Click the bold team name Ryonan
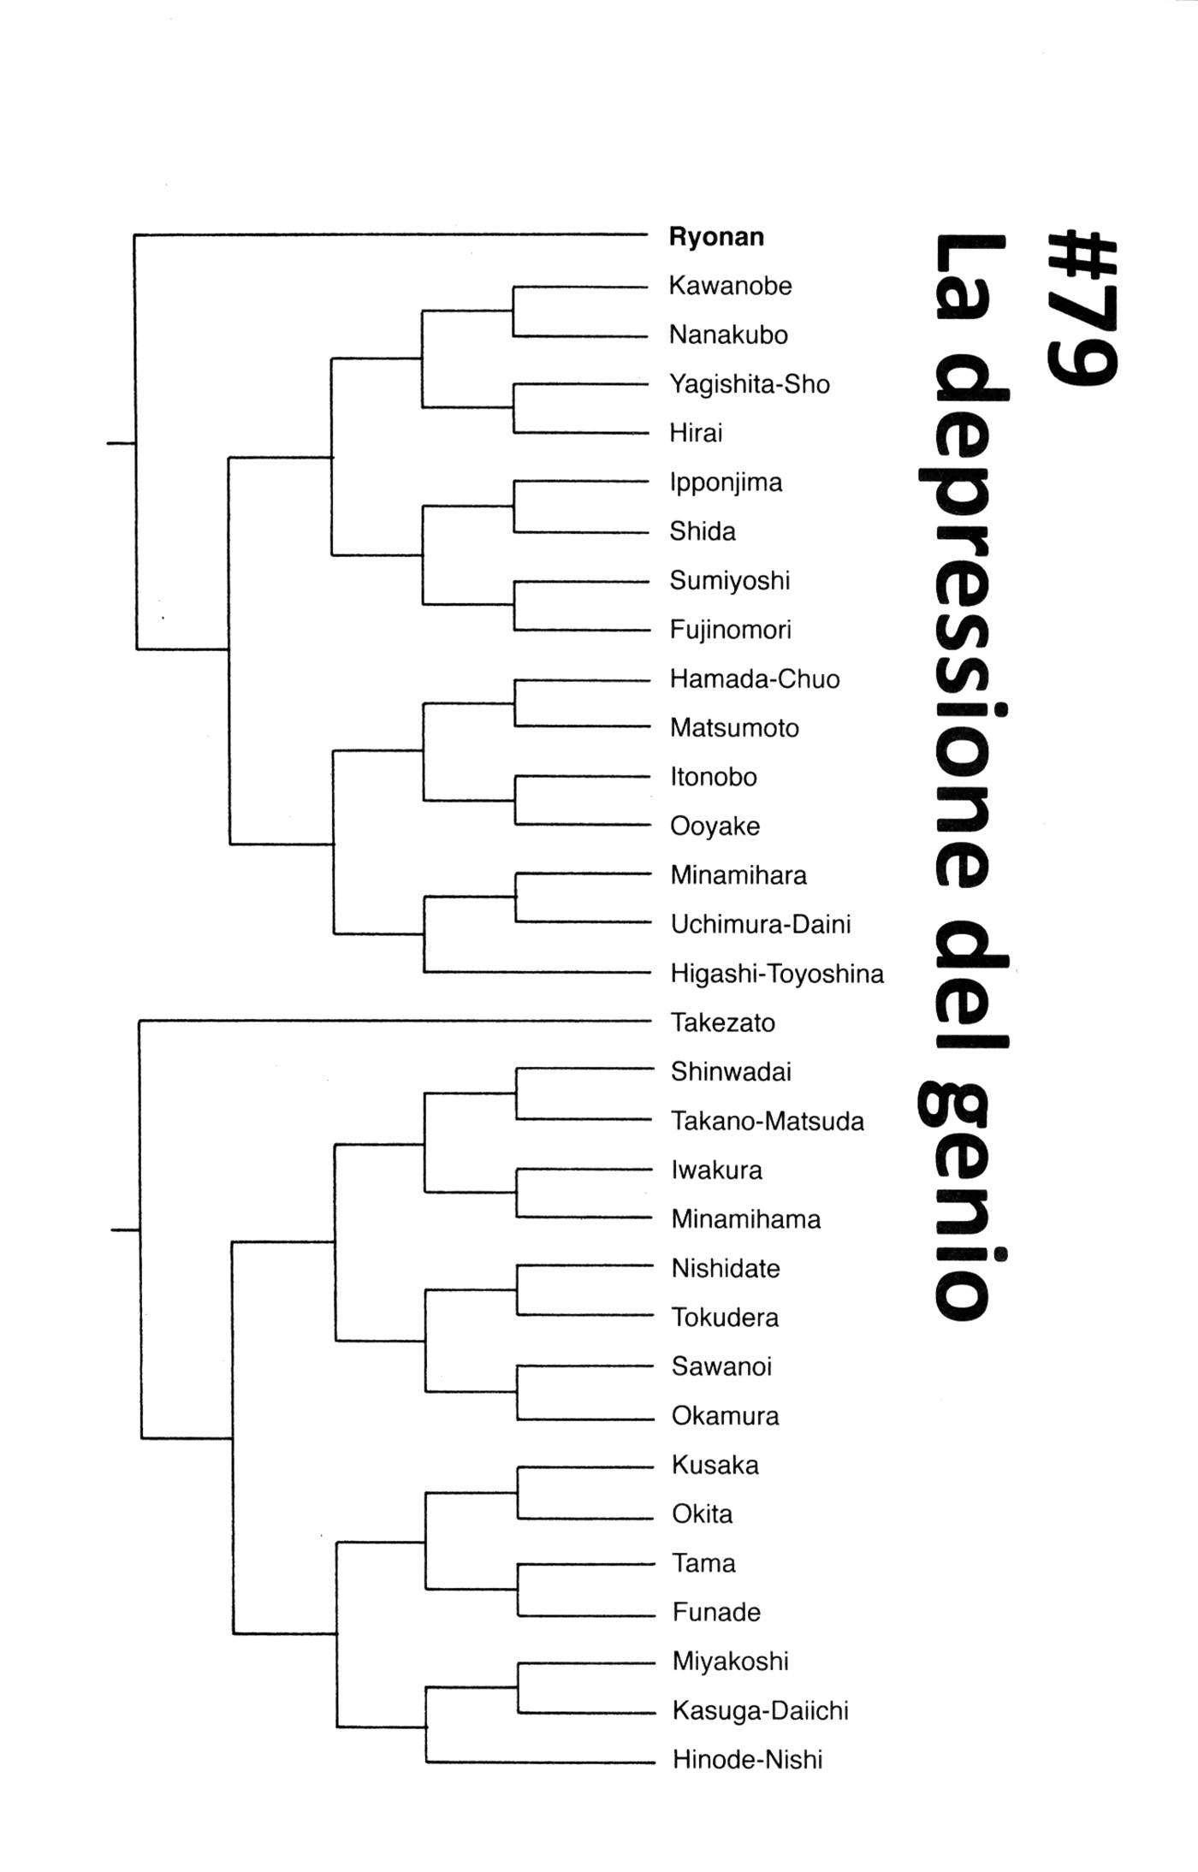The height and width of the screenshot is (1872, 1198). [716, 237]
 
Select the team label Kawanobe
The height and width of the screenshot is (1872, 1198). [730, 286]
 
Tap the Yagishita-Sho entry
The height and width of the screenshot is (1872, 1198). [749, 384]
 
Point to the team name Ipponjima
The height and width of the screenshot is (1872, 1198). [726, 483]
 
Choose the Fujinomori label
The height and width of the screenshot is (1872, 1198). [730, 631]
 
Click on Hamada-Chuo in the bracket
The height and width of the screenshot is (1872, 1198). [754, 679]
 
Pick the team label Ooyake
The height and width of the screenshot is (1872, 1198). [715, 826]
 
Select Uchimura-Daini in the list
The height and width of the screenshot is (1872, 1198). [760, 925]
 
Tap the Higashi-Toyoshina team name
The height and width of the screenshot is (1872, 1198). [776, 975]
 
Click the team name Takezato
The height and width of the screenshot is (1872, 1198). [722, 1023]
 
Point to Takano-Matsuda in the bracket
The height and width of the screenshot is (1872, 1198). [767, 1122]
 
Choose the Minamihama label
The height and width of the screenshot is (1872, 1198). [745, 1220]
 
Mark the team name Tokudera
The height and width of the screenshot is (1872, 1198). [725, 1318]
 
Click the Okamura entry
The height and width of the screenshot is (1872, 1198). [725, 1417]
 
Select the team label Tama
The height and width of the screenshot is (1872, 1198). [703, 1564]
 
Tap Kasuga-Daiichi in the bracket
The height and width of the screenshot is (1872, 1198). [760, 1711]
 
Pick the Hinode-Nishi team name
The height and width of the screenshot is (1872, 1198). [747, 1760]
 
